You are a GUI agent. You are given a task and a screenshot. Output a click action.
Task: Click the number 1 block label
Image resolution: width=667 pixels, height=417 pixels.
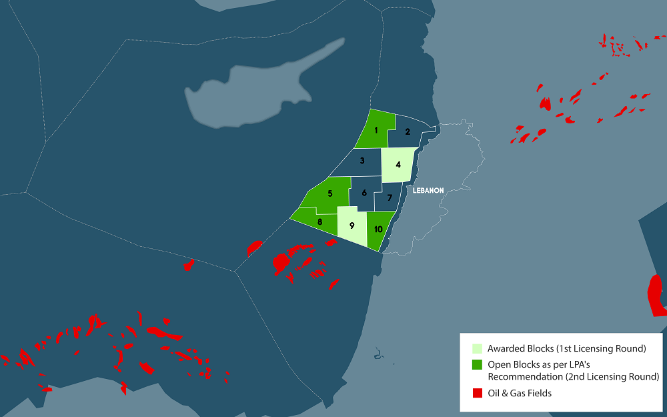377,131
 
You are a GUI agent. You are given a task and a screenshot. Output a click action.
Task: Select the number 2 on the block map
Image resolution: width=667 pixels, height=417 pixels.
407,132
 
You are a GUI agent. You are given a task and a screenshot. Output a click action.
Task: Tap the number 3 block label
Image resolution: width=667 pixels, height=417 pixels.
362,161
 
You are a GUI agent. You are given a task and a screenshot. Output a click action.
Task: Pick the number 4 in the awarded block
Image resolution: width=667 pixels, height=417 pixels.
398,164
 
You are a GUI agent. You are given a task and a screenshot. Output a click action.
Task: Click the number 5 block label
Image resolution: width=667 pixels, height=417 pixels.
329,194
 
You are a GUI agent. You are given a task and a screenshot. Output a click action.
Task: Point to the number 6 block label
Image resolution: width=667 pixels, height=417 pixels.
364,193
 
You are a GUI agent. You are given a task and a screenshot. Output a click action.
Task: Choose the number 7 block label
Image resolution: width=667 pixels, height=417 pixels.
390,198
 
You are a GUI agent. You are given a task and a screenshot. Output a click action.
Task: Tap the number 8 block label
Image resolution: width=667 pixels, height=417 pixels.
320,222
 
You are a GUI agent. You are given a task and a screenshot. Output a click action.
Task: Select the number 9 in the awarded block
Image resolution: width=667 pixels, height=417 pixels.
352,226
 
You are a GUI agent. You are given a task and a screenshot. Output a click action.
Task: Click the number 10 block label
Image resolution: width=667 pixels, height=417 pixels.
378,229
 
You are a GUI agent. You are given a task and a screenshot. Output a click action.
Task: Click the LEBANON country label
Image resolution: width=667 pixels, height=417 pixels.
428,191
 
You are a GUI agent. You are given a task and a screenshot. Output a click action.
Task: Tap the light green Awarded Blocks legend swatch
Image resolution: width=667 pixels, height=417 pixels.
477,349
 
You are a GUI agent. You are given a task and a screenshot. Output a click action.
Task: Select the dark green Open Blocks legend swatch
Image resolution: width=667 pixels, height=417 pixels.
477,365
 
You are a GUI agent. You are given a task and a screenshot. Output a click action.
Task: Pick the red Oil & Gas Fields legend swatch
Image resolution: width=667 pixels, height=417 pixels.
477,393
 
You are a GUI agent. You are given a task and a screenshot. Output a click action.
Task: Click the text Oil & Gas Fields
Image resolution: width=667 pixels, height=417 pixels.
520,394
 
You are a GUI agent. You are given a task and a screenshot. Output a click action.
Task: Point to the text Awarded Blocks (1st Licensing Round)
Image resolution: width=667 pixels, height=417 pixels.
567,349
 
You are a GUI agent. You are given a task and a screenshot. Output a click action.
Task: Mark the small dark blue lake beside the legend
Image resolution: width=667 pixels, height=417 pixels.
378,354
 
